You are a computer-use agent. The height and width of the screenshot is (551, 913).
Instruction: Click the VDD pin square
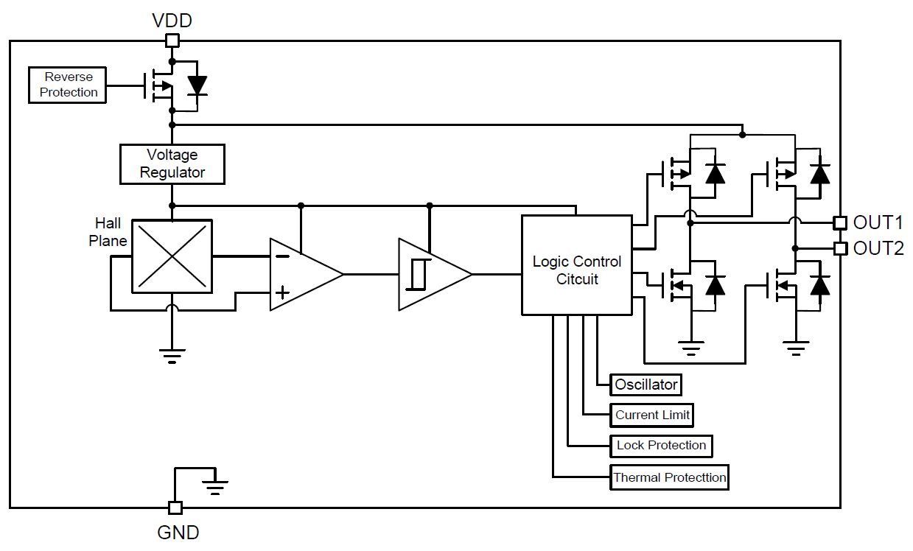coord(172,41)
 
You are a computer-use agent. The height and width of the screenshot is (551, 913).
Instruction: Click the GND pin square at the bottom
coord(175,507)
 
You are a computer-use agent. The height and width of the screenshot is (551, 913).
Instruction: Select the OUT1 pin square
coord(840,222)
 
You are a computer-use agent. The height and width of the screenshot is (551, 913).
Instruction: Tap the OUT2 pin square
coord(840,248)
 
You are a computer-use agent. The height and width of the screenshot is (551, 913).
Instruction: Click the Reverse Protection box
coord(68,85)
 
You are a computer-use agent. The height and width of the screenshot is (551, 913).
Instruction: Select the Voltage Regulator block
coord(172,164)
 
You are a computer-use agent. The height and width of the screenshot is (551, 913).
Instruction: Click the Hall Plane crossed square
coord(172,256)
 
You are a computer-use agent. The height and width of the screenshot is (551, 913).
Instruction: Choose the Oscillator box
coord(646,385)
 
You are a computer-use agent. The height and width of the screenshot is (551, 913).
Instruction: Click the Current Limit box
coord(652,415)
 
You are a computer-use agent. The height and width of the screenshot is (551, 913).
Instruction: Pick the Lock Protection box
coord(661,446)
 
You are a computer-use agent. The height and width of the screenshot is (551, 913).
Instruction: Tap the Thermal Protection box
coord(669,477)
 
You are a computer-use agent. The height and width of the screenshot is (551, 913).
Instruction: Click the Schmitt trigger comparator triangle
coord(431,274)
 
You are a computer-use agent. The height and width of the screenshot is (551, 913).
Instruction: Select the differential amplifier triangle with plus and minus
coord(302,274)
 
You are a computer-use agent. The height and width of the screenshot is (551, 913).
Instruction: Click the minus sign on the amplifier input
coord(281,256)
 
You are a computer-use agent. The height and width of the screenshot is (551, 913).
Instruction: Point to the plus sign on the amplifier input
coord(281,292)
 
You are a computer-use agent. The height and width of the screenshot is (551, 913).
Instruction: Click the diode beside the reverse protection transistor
coord(197,86)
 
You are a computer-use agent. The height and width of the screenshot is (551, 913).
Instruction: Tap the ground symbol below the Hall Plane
coord(172,355)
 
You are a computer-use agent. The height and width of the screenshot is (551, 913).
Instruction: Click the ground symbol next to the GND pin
coord(215,486)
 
